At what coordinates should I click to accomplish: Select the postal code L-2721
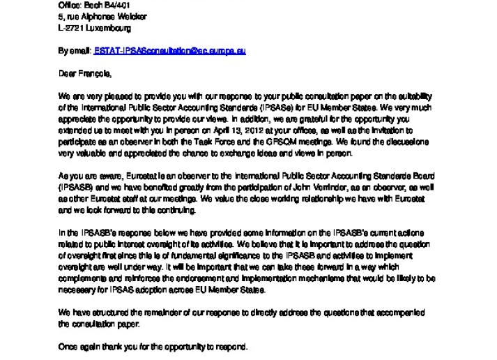(x=69, y=29)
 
